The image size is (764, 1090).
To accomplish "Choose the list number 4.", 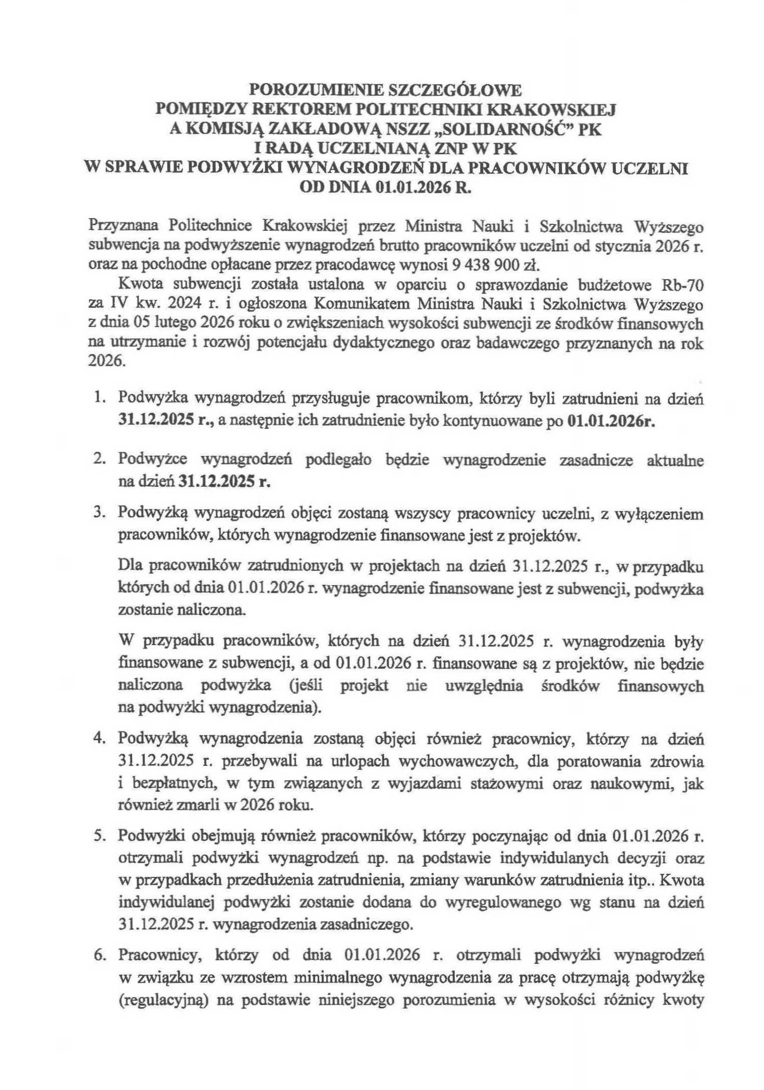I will point(99,739).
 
